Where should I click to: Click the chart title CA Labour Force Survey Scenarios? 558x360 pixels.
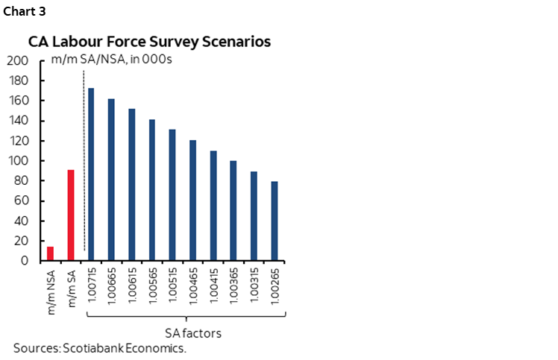[149, 42]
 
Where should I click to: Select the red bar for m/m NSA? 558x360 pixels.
[51, 253]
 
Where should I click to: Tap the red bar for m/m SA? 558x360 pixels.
[71, 215]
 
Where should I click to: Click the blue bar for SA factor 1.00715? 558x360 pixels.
[91, 174]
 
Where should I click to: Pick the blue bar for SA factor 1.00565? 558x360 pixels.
[152, 190]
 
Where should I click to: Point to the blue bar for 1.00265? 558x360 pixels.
[275, 221]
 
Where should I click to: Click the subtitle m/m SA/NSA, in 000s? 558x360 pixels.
[112, 60]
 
